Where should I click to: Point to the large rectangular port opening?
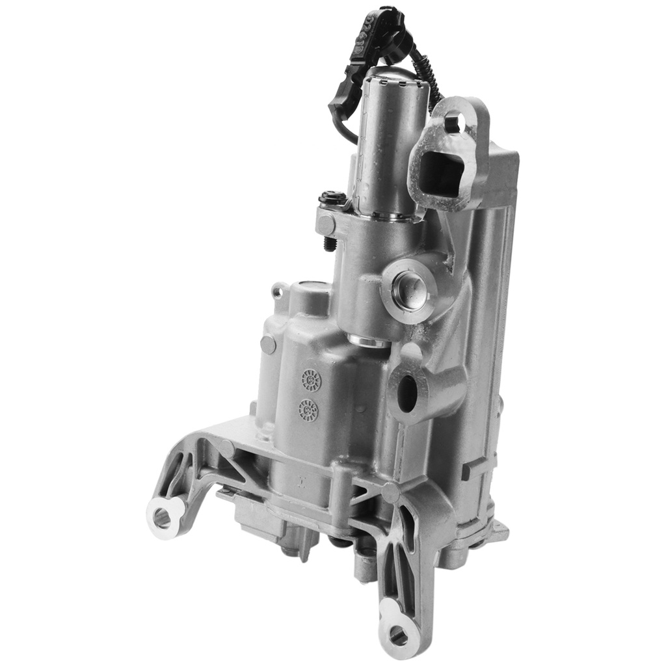pos(442,170)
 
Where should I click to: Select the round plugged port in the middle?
pos(408,286)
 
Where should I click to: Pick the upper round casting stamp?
pos(311,379)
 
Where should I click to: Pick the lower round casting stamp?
pos(308,410)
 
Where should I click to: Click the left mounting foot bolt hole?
pos(162,518)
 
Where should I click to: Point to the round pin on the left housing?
pos(268,344)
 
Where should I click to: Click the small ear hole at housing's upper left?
pos(278,291)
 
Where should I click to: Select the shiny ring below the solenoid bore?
pos(368,340)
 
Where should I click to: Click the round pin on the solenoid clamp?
pos(326,224)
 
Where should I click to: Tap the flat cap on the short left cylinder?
pos(313,287)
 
